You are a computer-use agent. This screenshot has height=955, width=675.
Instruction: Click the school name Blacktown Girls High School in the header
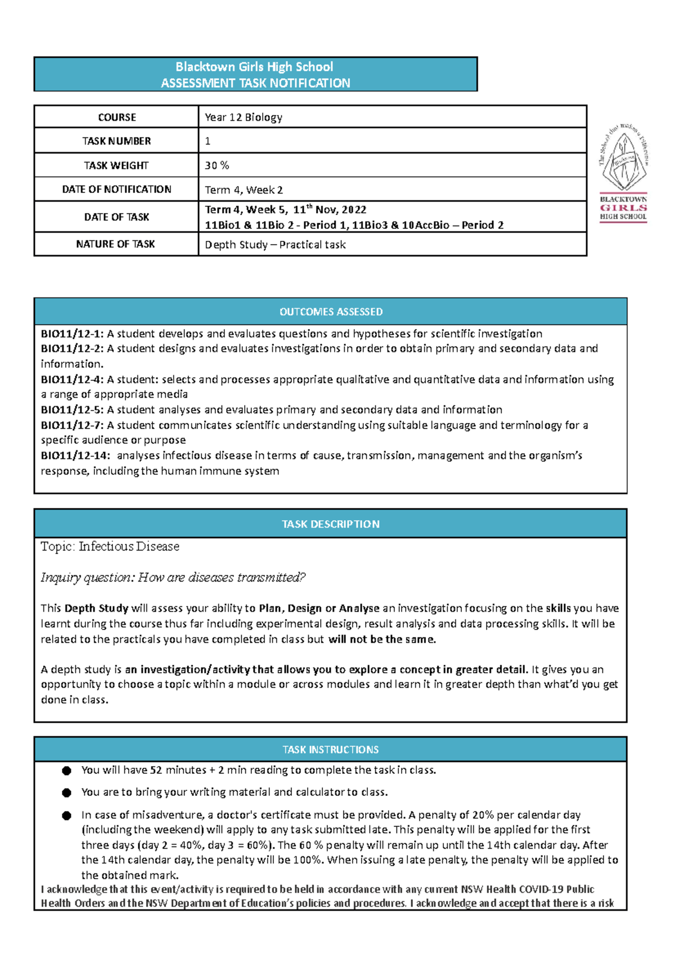click(x=254, y=67)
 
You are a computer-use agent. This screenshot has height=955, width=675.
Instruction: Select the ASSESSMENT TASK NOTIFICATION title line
click(x=255, y=83)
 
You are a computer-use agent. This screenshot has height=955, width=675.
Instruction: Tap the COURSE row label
click(x=116, y=118)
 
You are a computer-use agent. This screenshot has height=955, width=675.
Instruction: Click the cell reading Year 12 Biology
click(x=244, y=118)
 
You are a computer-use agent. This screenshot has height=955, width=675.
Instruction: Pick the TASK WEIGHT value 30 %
click(x=217, y=165)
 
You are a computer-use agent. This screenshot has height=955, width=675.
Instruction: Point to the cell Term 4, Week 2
click(x=244, y=190)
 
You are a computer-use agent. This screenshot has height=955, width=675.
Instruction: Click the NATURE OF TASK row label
click(x=115, y=244)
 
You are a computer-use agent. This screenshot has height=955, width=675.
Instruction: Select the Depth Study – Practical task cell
click(x=275, y=245)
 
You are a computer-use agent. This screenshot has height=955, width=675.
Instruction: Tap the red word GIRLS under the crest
click(x=623, y=208)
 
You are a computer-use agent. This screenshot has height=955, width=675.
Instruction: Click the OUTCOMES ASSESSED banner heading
click(x=331, y=312)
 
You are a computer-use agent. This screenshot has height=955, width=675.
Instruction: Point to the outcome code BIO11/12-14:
click(x=75, y=456)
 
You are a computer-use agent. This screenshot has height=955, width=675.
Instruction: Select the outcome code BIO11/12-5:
click(x=72, y=410)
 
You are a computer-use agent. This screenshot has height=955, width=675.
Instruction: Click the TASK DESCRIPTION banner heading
click(x=331, y=524)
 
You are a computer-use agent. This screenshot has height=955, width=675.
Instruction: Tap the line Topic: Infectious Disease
click(x=110, y=547)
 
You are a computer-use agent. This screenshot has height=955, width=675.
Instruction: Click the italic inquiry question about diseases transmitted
click(x=173, y=578)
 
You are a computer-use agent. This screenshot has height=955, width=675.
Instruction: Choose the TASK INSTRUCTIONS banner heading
click(x=331, y=750)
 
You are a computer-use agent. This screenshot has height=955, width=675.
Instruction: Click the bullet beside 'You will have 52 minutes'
click(x=67, y=771)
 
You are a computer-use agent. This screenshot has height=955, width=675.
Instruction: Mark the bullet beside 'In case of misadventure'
click(x=67, y=816)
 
